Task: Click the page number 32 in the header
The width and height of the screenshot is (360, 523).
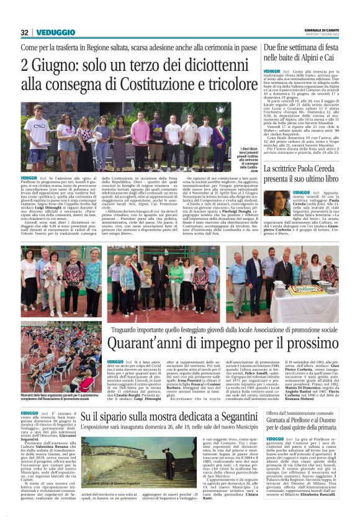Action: click(24, 32)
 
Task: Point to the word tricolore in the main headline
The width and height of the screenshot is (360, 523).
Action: click(223, 85)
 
